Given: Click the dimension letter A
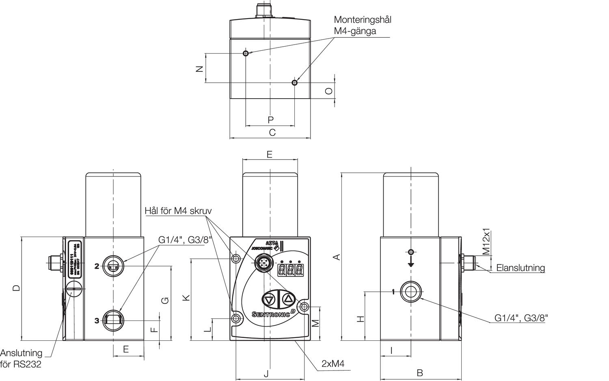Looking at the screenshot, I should [x=336, y=257].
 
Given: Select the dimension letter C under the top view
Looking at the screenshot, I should [x=272, y=132].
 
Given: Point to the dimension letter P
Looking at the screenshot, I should [x=270, y=120].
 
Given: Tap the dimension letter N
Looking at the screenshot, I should [x=199, y=69].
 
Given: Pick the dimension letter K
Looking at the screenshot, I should [x=186, y=298].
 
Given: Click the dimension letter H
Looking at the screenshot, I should [x=360, y=319].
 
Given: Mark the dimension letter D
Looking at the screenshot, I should [x=15, y=288].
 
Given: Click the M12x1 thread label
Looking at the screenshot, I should [x=486, y=241].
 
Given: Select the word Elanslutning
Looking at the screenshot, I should [x=520, y=268].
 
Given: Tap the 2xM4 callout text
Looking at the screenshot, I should [x=333, y=364].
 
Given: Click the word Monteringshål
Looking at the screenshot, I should [x=362, y=19].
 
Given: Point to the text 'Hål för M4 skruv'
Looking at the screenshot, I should [x=178, y=211].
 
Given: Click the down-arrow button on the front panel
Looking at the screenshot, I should [x=269, y=300].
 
